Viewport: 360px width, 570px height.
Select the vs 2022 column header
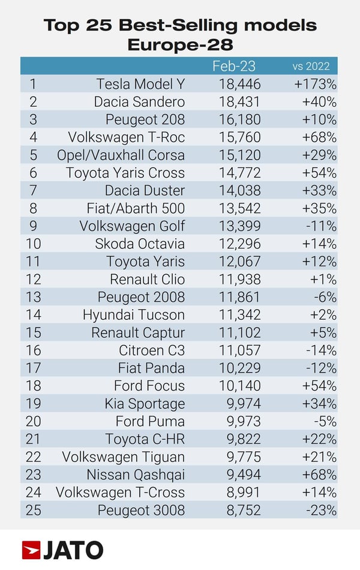pos(311,66)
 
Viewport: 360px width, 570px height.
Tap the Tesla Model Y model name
pos(140,84)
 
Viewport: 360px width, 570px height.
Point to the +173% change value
pos(315,84)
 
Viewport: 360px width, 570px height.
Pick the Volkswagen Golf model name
pos(132,226)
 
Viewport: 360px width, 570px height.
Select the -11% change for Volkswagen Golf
pos(322,226)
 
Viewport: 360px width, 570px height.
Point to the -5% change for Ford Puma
pos(325,421)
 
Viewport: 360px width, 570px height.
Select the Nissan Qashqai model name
pos(135,475)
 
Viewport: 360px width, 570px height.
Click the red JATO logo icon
pos(31,550)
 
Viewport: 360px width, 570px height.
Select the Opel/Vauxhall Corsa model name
pos(121,155)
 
